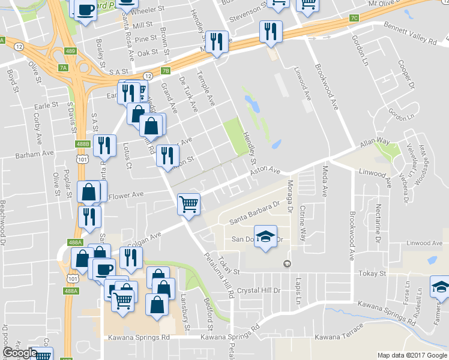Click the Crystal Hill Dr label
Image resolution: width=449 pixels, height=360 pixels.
point(259,290)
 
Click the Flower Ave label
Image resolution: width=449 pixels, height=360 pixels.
point(127,195)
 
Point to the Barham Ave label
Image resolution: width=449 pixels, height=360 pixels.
point(31,154)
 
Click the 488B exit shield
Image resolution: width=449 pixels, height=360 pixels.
point(83,144)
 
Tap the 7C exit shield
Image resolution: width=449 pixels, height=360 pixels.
point(354,18)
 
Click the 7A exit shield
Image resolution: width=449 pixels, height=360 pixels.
point(63,68)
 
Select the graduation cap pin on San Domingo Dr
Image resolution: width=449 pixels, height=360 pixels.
point(265,236)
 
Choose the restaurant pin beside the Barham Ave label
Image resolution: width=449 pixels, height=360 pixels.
point(104,145)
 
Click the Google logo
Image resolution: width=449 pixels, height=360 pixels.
point(20,353)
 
